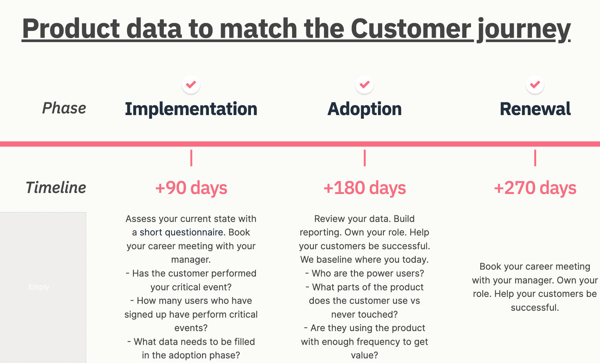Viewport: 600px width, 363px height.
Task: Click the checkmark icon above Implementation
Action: [x=191, y=85]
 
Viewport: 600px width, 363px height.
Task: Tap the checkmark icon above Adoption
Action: [x=364, y=85]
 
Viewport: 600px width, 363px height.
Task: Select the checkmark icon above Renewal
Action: [x=535, y=85]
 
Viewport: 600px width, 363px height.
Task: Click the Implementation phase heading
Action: [x=191, y=109]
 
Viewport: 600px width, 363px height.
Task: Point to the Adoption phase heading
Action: [x=364, y=109]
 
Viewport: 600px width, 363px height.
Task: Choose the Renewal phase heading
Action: [x=535, y=109]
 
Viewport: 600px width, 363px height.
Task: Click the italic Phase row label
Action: [x=64, y=108]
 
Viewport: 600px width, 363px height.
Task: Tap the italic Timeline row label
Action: [x=56, y=187]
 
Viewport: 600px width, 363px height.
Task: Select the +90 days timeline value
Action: [x=191, y=188]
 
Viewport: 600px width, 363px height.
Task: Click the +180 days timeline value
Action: [x=364, y=188]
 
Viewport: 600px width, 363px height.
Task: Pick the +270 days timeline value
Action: [x=535, y=188]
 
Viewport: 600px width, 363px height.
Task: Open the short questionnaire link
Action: [x=182, y=232]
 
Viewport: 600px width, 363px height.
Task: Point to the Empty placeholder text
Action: [x=39, y=287]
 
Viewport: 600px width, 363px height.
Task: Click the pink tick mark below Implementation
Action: [x=191, y=158]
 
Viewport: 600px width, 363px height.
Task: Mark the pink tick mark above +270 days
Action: [x=535, y=158]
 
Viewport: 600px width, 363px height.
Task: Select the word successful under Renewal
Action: [x=535, y=307]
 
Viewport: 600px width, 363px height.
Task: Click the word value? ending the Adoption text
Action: [x=364, y=355]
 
